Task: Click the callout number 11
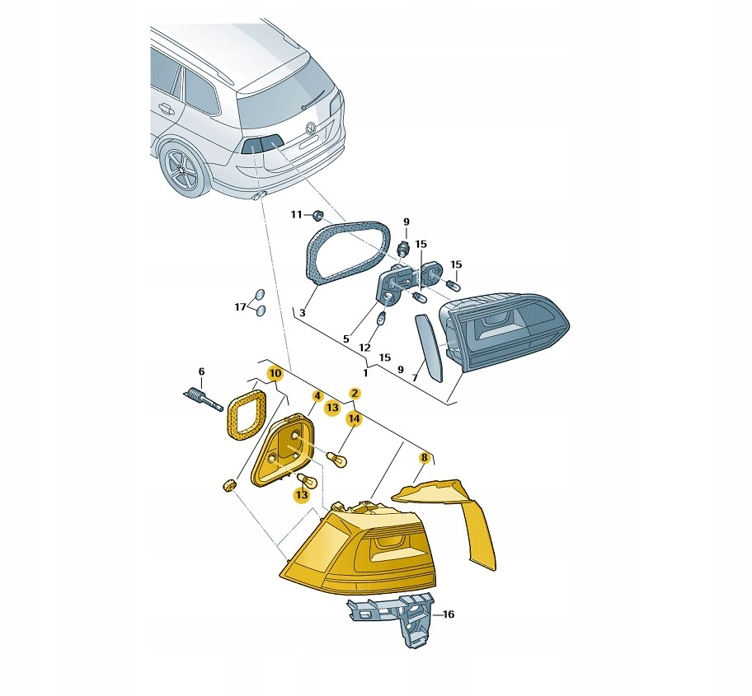296,214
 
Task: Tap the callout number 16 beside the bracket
448,614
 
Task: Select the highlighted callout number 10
275,373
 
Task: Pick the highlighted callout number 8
424,458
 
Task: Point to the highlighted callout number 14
354,419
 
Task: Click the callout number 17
240,307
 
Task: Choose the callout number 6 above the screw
201,371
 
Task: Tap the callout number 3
302,313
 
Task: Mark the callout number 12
365,348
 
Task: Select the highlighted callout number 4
317,396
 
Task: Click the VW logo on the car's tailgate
311,128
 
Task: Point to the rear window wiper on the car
313,100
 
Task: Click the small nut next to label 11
317,215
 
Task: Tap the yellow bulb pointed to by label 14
336,460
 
